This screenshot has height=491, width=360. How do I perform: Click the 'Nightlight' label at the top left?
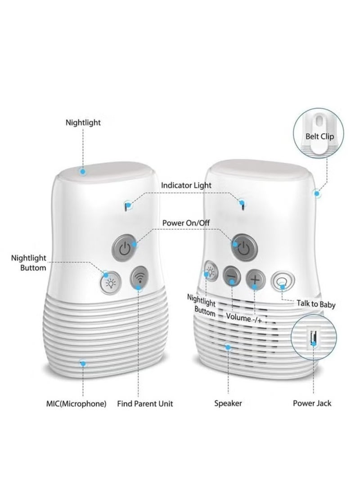tap(83, 122)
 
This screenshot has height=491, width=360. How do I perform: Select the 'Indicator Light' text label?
tap(186, 185)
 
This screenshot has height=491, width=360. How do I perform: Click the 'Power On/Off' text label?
tap(186, 223)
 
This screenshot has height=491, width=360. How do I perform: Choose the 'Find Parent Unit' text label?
tap(145, 403)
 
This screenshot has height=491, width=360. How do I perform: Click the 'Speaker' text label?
tap(228, 403)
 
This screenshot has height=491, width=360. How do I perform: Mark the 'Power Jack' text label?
tap(312, 403)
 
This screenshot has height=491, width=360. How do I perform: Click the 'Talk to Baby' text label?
tap(315, 304)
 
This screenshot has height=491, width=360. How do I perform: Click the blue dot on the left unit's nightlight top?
tap(82, 171)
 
